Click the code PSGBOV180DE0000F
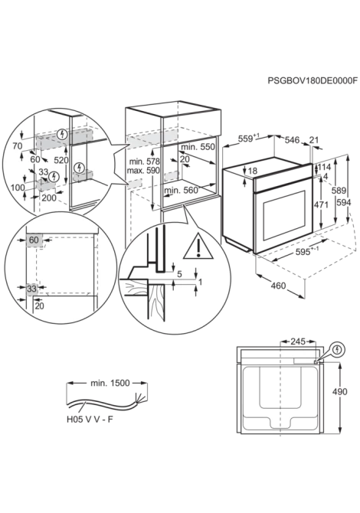[x=313, y=80]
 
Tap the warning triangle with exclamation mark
[x=198, y=246]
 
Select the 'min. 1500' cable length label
[x=110, y=383]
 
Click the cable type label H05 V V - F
[x=90, y=420]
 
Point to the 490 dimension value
[x=339, y=391]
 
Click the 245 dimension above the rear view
[x=298, y=341]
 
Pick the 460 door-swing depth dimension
[x=278, y=286]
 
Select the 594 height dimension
[x=344, y=202]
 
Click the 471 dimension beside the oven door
[x=321, y=204]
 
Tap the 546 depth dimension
[x=292, y=140]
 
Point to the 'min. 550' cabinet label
[x=198, y=147]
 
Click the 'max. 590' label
[x=143, y=171]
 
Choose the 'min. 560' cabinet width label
[x=181, y=190]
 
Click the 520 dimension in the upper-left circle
[x=61, y=160]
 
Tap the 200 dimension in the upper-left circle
[x=49, y=198]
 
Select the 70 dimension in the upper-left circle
[x=18, y=146]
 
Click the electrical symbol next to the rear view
[x=338, y=350]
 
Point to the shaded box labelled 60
[x=34, y=240]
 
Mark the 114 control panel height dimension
[x=325, y=167]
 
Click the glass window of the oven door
[x=284, y=215]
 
